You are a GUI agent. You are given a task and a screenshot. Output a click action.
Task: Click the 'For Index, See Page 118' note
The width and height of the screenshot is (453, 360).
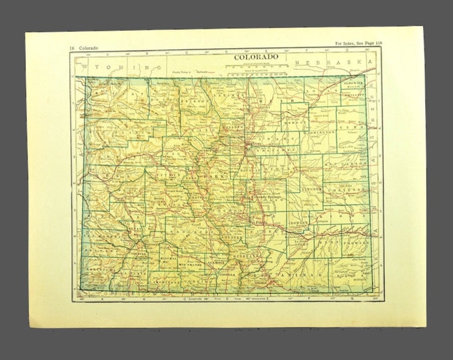(x=364, y=45)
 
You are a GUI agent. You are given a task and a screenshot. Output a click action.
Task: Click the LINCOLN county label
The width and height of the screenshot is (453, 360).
(x=314, y=189)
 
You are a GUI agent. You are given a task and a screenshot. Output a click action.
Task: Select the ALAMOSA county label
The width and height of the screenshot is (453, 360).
(x=217, y=263)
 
